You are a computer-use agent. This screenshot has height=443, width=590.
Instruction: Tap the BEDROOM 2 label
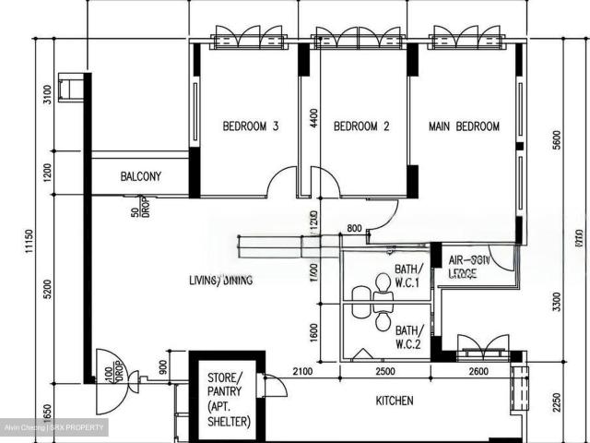tap(361, 126)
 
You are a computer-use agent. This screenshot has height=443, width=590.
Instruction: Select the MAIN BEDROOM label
tap(465, 126)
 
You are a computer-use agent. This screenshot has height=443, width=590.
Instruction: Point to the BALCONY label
tap(141, 176)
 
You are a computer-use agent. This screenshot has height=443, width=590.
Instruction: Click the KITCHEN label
tap(394, 401)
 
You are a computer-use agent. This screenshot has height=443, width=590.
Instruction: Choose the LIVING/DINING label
tap(221, 280)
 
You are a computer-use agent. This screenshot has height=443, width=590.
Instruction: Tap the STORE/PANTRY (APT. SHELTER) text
tap(225, 398)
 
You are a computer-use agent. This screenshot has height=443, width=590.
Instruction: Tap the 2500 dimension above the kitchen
tap(384, 371)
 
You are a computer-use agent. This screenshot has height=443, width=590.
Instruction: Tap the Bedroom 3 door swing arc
tap(281, 184)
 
